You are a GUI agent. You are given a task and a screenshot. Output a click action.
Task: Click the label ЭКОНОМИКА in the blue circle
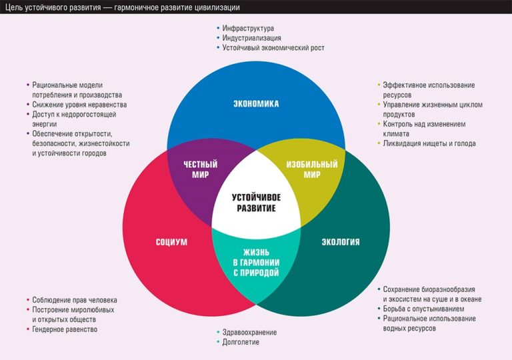pos(256,104)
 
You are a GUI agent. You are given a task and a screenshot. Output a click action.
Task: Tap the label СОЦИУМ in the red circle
pos(171,242)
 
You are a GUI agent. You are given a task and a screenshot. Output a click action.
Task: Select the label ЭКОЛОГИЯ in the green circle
pos(340,242)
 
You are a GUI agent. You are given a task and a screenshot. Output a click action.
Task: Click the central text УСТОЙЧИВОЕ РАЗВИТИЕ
pos(257,203)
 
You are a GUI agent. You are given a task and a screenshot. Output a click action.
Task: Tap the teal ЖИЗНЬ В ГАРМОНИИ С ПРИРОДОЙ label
pos(256,262)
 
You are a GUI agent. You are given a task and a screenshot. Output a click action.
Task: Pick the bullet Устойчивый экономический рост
pos(273,48)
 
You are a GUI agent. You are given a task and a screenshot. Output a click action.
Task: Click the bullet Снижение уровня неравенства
pos(79,105)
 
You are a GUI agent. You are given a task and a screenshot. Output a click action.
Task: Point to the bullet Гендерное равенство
pos(65,329)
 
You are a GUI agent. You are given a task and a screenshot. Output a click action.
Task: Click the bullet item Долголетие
pos(241,342)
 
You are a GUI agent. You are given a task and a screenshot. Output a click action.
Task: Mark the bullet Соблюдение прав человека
pos(75,300)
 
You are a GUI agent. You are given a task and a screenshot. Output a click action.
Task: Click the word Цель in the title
pos(15,7)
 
